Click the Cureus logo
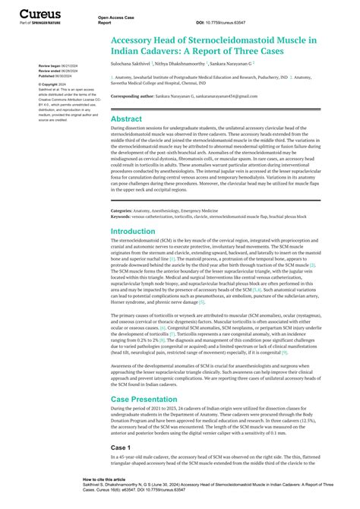tap(35, 14)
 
